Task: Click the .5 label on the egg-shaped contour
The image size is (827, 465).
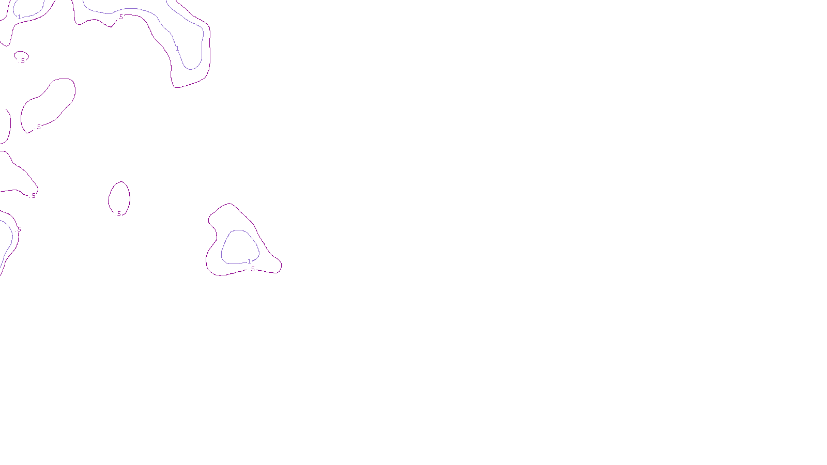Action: pos(119,214)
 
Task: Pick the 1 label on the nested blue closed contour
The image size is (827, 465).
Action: pos(249,261)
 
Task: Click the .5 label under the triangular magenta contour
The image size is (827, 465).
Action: pos(253,269)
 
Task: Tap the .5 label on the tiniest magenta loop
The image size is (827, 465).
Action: pos(23,60)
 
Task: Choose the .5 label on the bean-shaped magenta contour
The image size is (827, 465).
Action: pos(39,127)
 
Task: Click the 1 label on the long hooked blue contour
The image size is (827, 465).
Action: pos(177,49)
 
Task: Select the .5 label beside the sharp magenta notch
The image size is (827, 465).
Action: pos(121,17)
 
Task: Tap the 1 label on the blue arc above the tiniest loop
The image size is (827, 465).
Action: pos(20,17)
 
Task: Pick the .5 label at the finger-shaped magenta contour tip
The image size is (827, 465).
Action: pos(34,196)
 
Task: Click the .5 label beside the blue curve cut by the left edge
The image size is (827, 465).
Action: pos(19,229)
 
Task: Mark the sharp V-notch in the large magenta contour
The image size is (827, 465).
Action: pos(111,26)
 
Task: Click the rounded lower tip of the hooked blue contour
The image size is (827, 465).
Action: pos(191,69)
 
